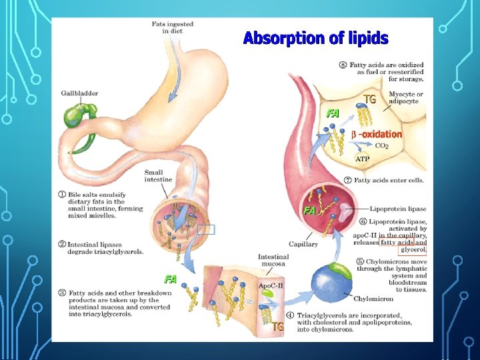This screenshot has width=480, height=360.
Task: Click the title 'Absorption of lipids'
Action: (315, 38)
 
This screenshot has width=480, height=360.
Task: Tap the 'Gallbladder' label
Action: (79, 93)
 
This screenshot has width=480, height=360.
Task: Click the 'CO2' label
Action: (382, 145)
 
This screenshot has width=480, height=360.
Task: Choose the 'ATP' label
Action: (362, 159)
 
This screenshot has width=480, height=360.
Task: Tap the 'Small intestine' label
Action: (158, 175)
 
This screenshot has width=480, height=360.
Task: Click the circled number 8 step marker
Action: (343, 64)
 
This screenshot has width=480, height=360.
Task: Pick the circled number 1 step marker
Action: (61, 194)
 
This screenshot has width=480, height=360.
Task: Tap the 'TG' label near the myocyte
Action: (369, 99)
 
